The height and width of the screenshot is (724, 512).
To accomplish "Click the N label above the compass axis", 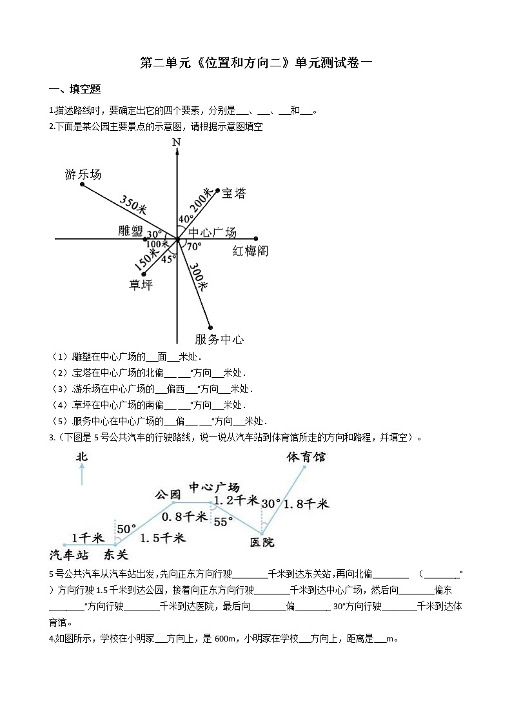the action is pyautogui.click(x=177, y=142).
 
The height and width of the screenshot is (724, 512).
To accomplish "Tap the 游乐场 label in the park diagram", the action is pyautogui.click(x=83, y=174).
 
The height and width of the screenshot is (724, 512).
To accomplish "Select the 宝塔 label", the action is pyautogui.click(x=233, y=193).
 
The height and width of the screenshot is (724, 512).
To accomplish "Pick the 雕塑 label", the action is pyautogui.click(x=131, y=230).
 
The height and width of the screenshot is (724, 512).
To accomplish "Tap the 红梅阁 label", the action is pyautogui.click(x=250, y=251).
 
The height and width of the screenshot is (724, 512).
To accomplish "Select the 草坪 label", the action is pyautogui.click(x=141, y=284).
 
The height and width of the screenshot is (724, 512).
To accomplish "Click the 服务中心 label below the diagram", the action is pyautogui.click(x=219, y=339).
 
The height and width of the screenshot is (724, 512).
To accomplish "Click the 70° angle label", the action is pyautogui.click(x=193, y=246).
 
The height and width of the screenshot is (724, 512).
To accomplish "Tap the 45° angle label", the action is pyautogui.click(x=168, y=259).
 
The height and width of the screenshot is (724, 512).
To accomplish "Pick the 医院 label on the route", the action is pyautogui.click(x=262, y=542).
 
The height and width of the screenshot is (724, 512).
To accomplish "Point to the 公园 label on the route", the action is pyautogui.click(x=167, y=494).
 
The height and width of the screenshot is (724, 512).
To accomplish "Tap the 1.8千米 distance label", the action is pyautogui.click(x=306, y=504).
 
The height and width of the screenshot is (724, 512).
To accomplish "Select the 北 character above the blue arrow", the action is pyautogui.click(x=81, y=456).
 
